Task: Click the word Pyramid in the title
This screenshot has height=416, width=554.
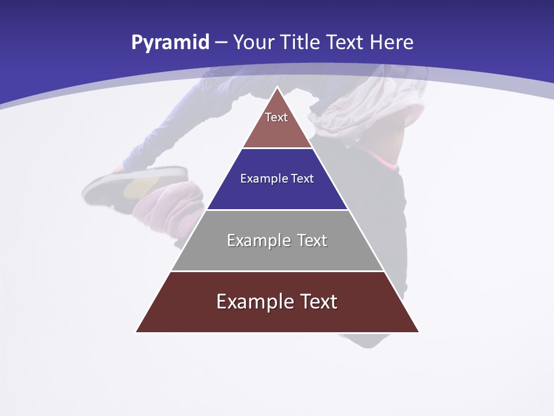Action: (x=170, y=43)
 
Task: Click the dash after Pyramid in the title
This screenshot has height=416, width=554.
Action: (x=220, y=43)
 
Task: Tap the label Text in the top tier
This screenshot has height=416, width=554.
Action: (x=276, y=117)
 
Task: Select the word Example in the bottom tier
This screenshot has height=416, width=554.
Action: (x=254, y=302)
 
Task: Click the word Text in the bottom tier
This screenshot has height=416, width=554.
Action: (x=318, y=302)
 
